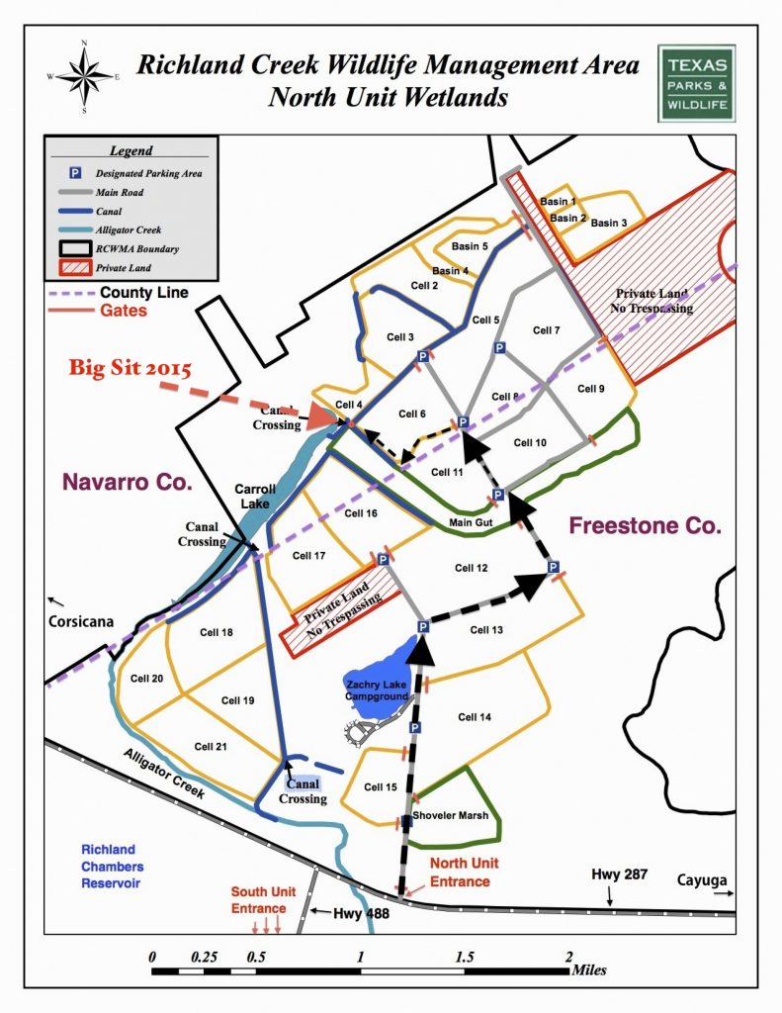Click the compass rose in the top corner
pos(84,73)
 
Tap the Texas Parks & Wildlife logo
pos(695,83)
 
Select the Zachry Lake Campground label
pos(374,690)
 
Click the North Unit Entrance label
pos(460,874)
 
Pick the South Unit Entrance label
pos(259,899)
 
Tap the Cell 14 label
pos(475,717)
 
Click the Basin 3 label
pos(608,224)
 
